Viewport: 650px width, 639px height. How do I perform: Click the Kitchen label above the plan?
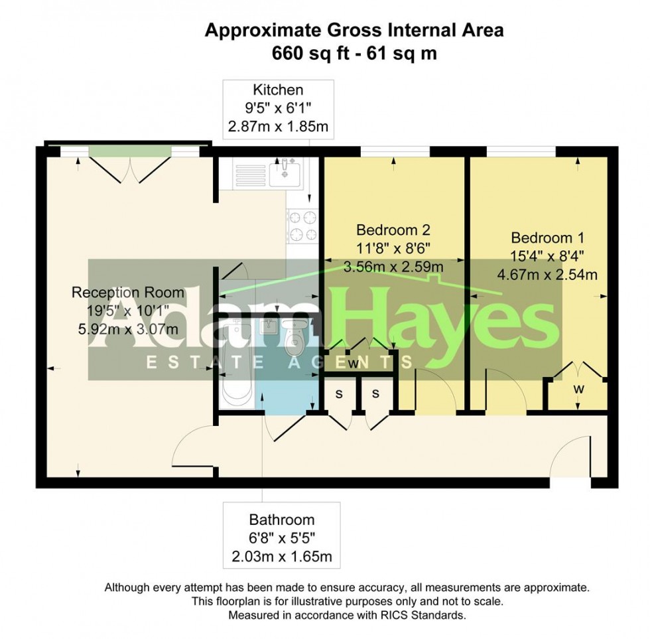278,90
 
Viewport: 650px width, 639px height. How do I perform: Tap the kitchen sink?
285,173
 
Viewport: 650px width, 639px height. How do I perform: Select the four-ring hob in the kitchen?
303,226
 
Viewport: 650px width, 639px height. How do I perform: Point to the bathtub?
237,362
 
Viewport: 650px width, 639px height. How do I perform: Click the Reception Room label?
127,293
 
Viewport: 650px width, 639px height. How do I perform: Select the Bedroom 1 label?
548,238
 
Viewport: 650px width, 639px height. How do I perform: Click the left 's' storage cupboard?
339,394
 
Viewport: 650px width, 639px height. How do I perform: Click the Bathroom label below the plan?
282,520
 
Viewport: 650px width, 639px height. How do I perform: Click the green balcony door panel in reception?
130,151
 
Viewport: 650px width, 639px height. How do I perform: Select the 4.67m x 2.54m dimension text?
547,275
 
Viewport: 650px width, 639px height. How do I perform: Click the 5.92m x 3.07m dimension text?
128,329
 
